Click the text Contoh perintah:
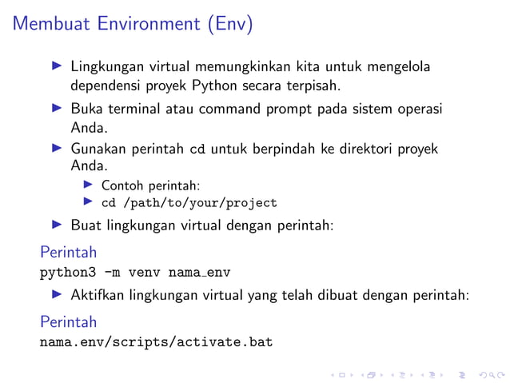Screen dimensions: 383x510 click(x=150, y=186)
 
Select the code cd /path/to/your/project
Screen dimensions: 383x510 click(x=189, y=203)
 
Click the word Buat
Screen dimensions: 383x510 click(x=85, y=225)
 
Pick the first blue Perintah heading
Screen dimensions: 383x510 click(x=68, y=253)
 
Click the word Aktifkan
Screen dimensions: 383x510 click(x=98, y=296)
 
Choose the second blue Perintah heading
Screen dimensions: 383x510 click(x=68, y=322)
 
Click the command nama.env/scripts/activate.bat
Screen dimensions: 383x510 click(x=156, y=343)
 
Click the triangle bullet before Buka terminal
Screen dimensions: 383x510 click(x=56, y=107)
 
